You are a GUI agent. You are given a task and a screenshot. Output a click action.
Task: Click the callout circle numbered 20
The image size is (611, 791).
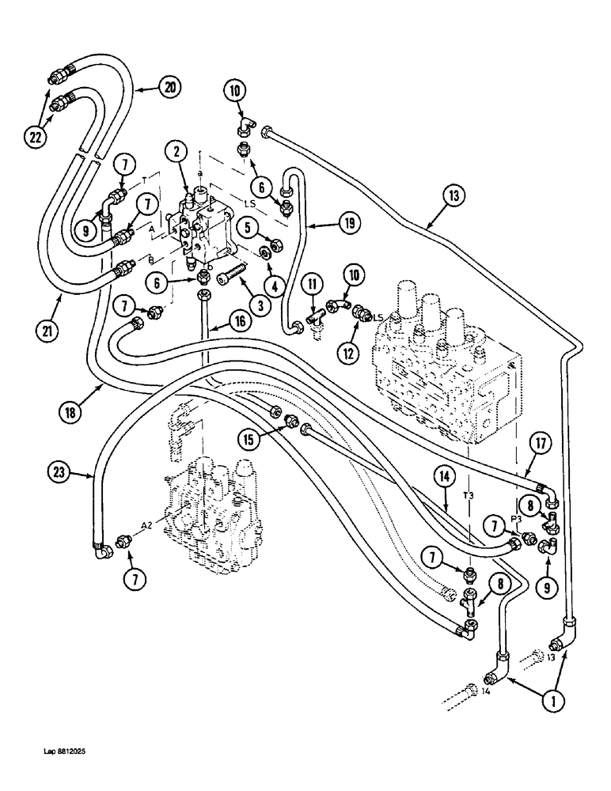coord(169,89)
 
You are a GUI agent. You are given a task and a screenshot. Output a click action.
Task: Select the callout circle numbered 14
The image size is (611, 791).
coord(443,477)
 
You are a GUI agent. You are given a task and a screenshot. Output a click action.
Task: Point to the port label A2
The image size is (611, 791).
coord(148,525)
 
